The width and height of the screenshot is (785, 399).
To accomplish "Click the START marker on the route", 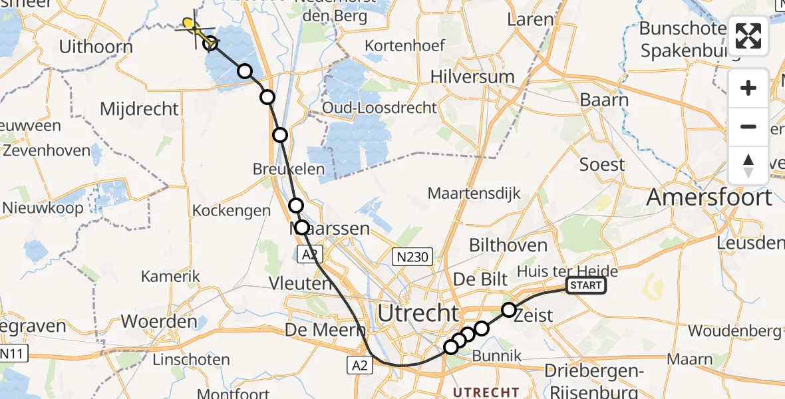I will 585,286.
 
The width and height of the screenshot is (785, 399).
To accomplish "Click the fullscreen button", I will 748,35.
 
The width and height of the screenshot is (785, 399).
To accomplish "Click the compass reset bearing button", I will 748,166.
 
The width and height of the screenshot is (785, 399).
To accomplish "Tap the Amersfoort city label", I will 709,198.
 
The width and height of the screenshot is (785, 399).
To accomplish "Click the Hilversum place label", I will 472,76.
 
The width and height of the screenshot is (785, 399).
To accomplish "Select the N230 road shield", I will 412,256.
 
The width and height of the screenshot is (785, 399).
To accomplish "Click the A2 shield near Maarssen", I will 307,255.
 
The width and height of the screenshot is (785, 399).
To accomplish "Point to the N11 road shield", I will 14,353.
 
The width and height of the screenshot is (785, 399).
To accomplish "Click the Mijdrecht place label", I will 139,109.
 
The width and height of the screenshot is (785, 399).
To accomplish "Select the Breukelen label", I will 289,169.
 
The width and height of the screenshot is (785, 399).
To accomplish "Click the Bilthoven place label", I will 508,245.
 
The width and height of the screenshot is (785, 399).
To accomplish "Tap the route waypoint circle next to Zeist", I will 509,309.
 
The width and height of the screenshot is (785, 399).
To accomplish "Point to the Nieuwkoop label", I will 43,207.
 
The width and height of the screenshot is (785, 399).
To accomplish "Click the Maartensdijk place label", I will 474,194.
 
